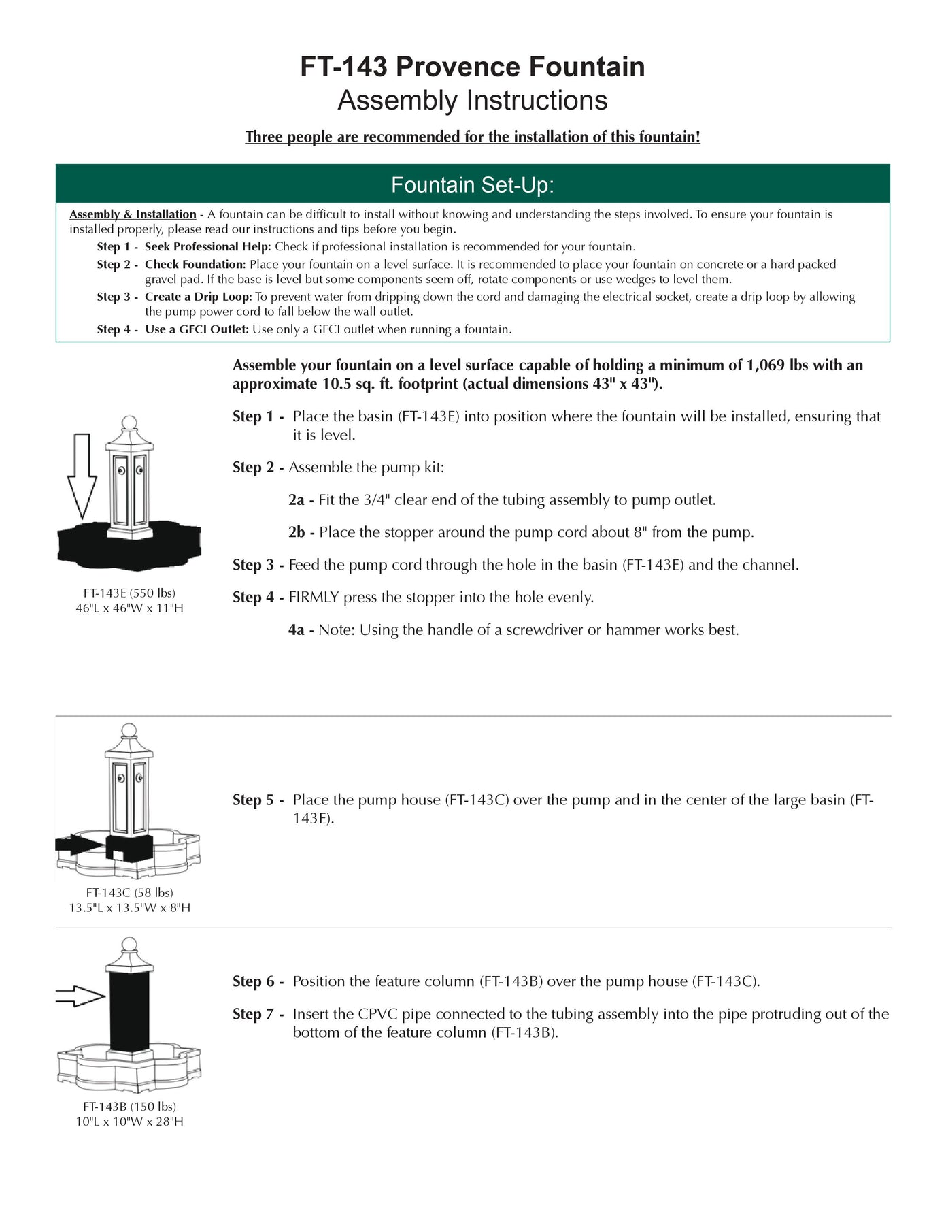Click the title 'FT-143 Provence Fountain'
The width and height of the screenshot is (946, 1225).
473,67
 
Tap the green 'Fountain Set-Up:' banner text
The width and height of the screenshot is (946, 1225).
473,185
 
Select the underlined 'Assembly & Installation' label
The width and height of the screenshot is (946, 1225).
133,214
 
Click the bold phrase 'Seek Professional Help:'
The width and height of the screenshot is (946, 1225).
207,247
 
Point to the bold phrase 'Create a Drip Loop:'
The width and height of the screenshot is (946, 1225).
198,297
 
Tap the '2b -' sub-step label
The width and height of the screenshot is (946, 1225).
301,532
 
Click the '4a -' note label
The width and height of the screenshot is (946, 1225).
301,630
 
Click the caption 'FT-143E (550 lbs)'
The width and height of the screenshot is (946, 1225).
129,593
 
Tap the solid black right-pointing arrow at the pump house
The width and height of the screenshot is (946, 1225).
80,846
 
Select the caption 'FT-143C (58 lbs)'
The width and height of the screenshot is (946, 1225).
129,893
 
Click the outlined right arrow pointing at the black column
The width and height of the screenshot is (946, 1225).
80,997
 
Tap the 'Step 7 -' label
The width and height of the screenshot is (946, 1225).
258,1015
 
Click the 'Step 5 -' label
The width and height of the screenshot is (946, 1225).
258,800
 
